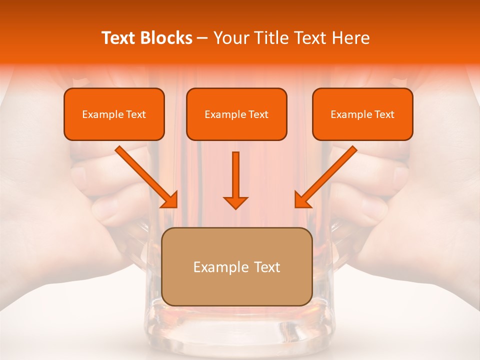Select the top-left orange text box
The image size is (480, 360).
pos(114,114)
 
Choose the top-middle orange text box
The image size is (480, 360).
pos(236,114)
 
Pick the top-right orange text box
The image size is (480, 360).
pos(362,114)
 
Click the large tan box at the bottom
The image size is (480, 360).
pos(237,266)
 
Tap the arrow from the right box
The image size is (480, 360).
pos(327,175)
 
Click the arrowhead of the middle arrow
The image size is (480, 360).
pos(235,202)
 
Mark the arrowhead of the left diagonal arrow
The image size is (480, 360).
pos(170,200)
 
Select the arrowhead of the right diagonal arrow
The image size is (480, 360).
pos(301,200)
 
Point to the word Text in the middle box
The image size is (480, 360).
pos(258,114)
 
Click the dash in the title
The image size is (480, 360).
pos(202,38)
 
